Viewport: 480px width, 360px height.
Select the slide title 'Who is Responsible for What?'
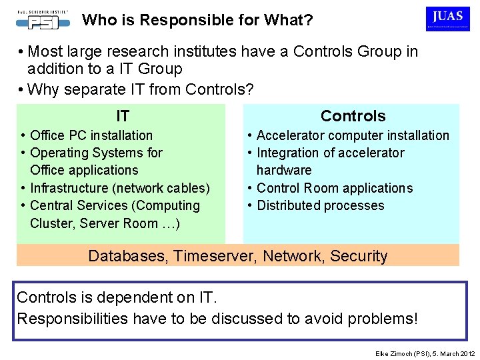197,20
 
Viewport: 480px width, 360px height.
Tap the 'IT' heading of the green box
123,117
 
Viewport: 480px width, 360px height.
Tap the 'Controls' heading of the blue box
353,116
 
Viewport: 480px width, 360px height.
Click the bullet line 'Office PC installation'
91,135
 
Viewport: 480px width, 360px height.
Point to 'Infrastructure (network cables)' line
120,188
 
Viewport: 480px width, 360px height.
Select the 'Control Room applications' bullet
335,188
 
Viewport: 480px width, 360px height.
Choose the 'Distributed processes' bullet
321,205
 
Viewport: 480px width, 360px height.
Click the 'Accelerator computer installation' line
353,135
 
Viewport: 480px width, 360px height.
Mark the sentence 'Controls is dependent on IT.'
117,297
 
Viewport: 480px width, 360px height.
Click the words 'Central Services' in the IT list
79,205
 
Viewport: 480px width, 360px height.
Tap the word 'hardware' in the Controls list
284,170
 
